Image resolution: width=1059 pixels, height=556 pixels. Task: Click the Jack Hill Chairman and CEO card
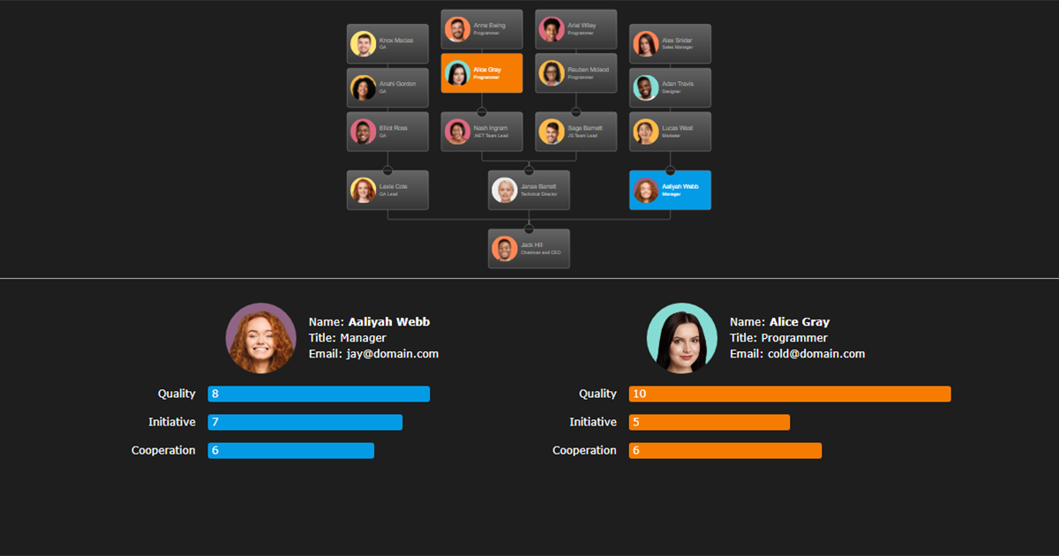(x=529, y=249)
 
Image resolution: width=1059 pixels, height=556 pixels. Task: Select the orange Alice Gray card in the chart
(x=482, y=73)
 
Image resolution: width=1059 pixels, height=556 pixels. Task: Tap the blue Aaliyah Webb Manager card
(x=670, y=190)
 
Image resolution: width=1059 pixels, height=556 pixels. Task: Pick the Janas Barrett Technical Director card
(x=529, y=190)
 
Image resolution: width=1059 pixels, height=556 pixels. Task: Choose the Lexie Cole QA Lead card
(x=387, y=190)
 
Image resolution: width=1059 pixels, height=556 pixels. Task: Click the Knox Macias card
(x=387, y=43)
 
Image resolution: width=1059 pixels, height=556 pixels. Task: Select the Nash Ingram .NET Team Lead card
(x=482, y=131)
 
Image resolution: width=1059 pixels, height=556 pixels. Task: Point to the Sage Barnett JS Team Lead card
(x=576, y=131)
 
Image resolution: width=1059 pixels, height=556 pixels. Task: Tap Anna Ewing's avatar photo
(x=457, y=29)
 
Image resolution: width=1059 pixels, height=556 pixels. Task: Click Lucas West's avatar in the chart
(x=645, y=131)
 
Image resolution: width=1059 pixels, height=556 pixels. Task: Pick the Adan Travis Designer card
(x=670, y=87)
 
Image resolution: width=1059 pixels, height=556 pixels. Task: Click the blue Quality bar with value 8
(x=319, y=394)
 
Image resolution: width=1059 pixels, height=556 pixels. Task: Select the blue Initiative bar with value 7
(x=304, y=422)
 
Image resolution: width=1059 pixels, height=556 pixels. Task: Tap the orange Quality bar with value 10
(x=789, y=394)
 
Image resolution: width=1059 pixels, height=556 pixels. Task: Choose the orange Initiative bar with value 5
(x=709, y=422)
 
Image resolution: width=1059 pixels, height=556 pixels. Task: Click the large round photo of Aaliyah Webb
(x=260, y=338)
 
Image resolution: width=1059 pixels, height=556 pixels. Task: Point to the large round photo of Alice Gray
(x=681, y=338)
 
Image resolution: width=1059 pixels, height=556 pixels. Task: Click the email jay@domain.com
(x=391, y=354)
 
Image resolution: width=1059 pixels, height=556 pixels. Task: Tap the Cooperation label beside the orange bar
(x=584, y=450)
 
